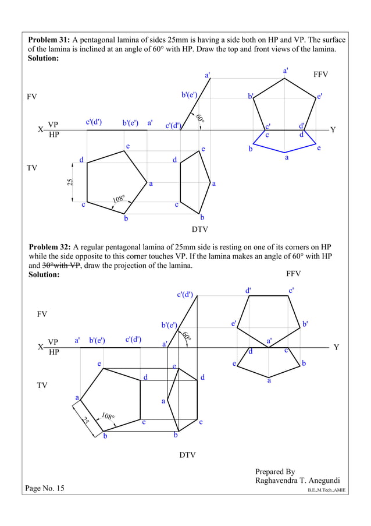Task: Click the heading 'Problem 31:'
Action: click(x=49, y=40)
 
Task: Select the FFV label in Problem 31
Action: click(x=321, y=75)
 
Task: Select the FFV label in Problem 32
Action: click(x=294, y=273)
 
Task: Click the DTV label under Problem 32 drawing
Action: click(x=187, y=454)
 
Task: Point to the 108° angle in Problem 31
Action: click(x=119, y=201)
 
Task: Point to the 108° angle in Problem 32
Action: click(x=108, y=417)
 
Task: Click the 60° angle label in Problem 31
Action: click(x=199, y=119)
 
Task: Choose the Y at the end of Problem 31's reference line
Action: click(x=333, y=129)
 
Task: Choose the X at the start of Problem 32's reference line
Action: click(x=40, y=347)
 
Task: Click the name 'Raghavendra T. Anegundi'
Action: click(x=297, y=481)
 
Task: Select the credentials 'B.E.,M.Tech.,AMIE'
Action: click(x=327, y=490)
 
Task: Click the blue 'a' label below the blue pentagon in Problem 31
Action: click(x=286, y=157)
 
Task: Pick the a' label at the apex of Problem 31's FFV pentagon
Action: click(x=286, y=70)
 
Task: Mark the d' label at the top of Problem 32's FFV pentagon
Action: click(x=248, y=290)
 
